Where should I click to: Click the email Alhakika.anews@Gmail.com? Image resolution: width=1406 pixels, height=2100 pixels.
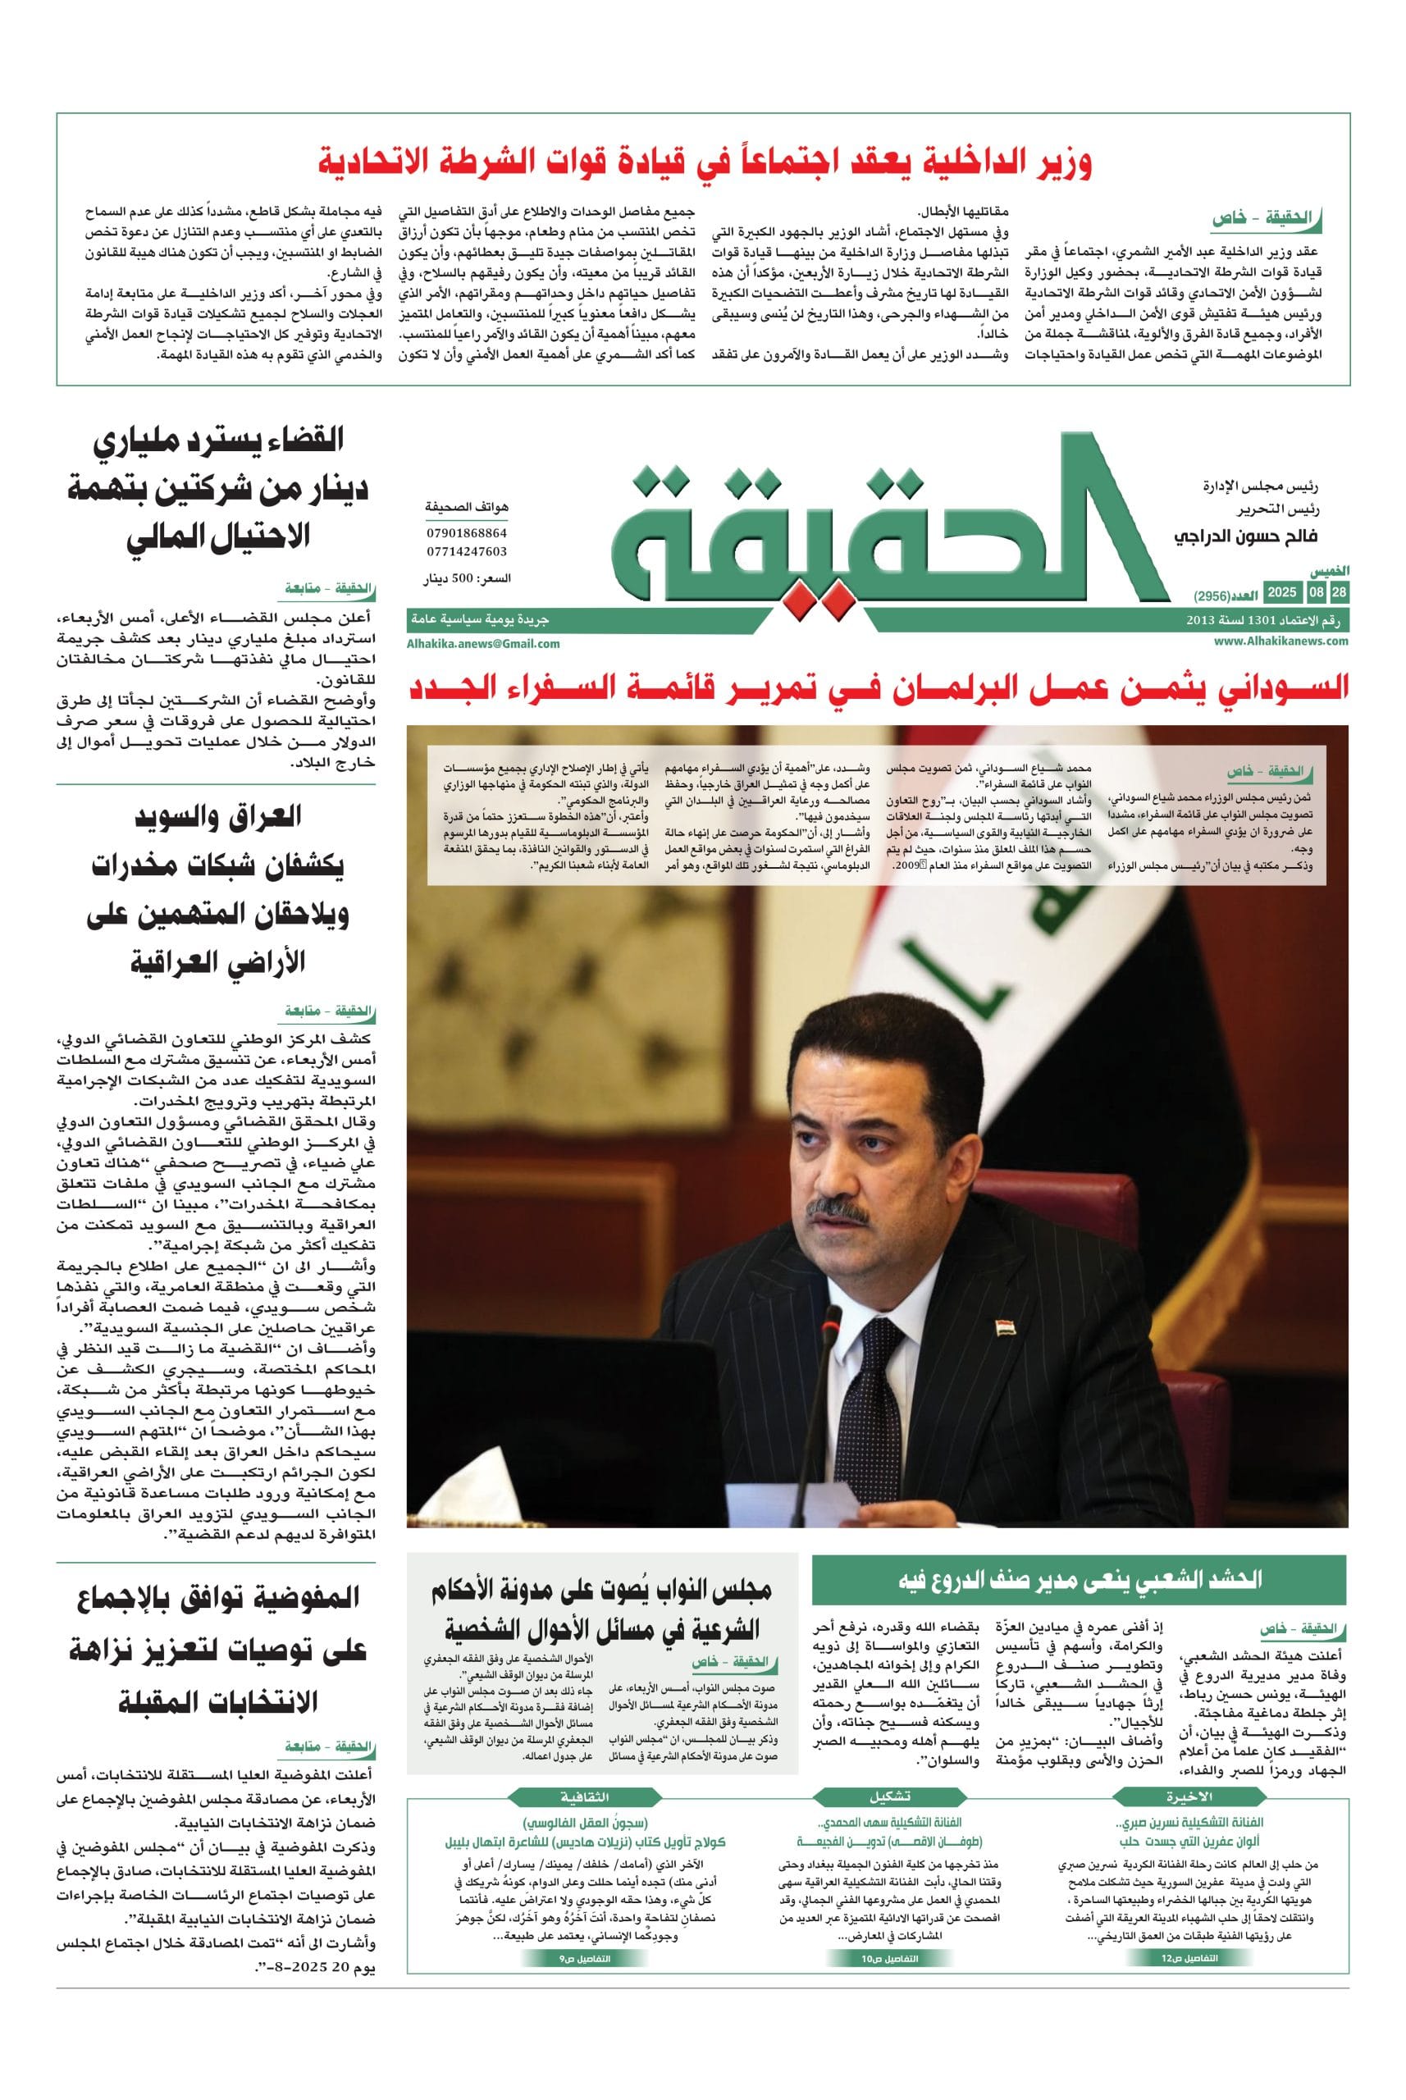pos(483,643)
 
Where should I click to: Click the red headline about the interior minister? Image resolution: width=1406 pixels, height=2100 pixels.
pos(705,163)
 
